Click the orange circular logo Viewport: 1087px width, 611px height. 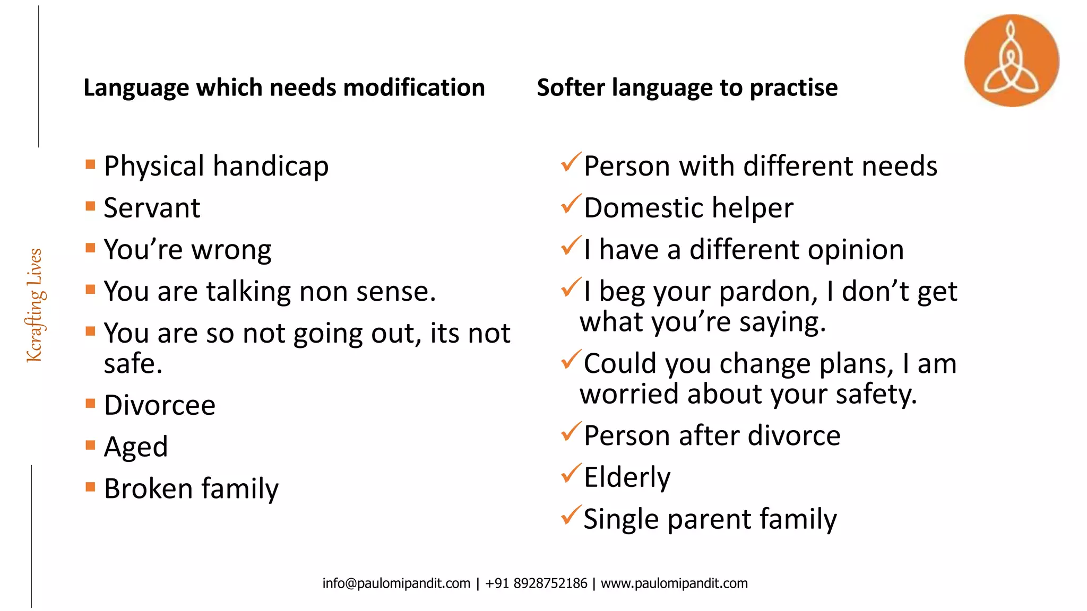pos(1012,60)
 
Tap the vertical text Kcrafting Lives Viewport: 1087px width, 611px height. pos(35,305)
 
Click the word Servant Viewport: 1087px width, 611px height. pos(152,207)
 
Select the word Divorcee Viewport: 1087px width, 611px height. pos(160,405)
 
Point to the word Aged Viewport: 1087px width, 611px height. pos(136,447)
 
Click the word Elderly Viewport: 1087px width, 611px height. pos(627,477)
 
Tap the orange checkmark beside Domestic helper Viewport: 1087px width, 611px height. pos(571,204)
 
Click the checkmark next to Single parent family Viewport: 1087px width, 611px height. pos(571,515)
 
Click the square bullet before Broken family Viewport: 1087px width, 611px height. pos(90,486)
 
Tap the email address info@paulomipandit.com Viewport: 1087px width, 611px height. pos(396,583)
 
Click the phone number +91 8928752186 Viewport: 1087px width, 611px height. pos(536,583)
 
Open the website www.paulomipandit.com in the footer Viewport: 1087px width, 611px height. pos(674,583)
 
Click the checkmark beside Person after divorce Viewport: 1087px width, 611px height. pos(571,432)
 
